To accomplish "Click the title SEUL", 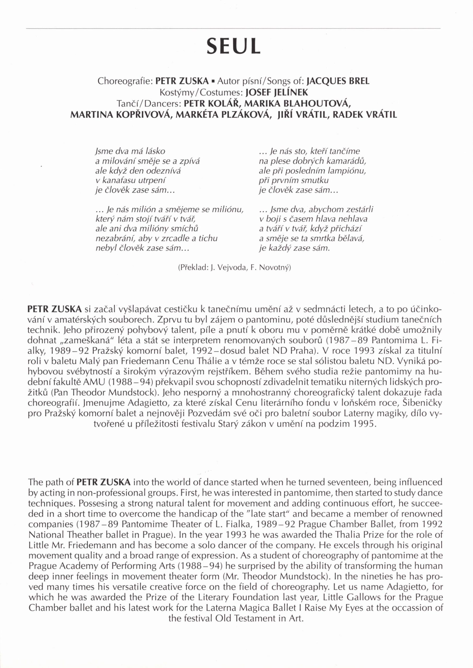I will [x=233, y=46].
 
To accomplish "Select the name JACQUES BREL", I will [x=338, y=81].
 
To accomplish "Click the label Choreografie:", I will [x=125, y=81].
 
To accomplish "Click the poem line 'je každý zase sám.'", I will [x=294, y=249].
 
